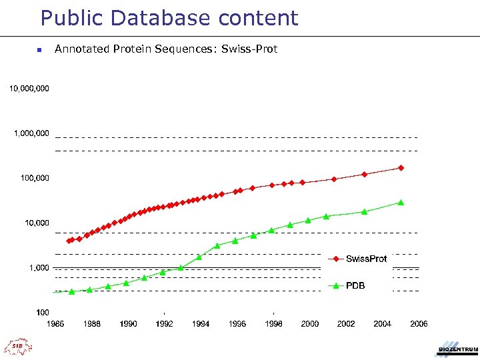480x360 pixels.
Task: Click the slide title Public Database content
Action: coord(169,18)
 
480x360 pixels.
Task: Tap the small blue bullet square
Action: coord(39,49)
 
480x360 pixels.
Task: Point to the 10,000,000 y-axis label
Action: coord(29,88)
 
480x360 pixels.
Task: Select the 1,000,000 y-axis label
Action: coord(31,133)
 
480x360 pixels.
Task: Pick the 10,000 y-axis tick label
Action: coord(36,223)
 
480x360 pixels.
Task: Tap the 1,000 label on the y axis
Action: coord(38,267)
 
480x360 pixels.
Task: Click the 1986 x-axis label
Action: coord(55,324)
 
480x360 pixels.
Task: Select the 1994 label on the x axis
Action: coord(201,324)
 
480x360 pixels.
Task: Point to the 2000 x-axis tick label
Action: coord(309,324)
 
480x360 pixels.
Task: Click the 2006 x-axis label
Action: coord(418,324)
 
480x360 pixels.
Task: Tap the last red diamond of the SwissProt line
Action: coord(401,168)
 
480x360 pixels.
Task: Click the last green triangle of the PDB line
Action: coord(401,202)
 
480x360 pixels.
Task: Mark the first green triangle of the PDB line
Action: coord(72,291)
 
